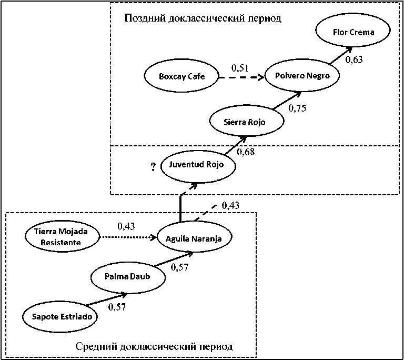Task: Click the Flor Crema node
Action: pyautogui.click(x=353, y=32)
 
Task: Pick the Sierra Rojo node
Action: pyautogui.click(x=246, y=122)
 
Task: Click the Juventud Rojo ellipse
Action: pyautogui.click(x=197, y=165)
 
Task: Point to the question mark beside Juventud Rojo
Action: pyautogui.click(x=153, y=167)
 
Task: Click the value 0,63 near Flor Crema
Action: pyautogui.click(x=354, y=59)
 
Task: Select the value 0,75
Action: pyautogui.click(x=297, y=109)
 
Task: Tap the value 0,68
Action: pyautogui.click(x=246, y=153)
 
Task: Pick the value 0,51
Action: pyautogui.click(x=240, y=68)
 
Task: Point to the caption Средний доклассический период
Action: pyautogui.click(x=154, y=347)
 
